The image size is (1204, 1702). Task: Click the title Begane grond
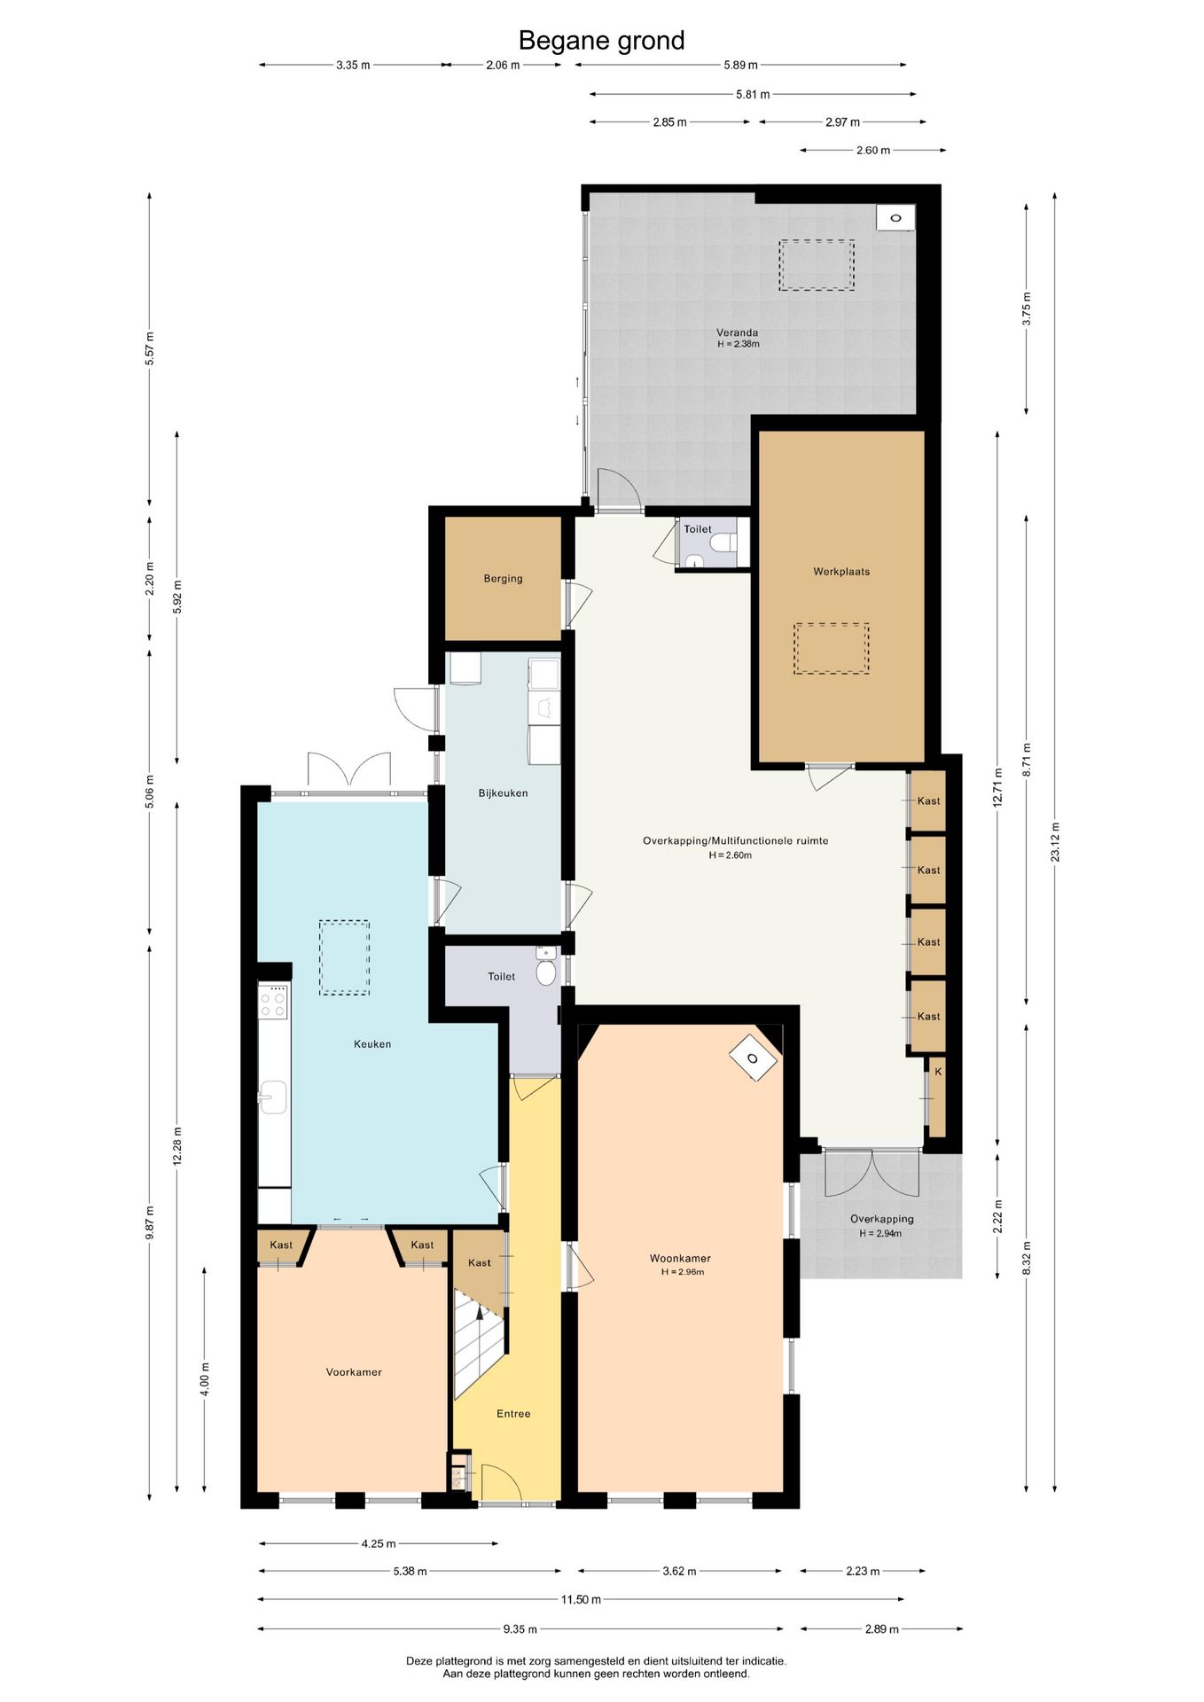[x=601, y=41]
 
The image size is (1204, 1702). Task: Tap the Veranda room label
[x=738, y=333]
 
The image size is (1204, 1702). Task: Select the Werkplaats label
[x=841, y=572]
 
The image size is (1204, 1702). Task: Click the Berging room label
[x=503, y=579]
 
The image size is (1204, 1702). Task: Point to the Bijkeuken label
[x=503, y=793]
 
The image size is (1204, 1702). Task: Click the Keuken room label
[x=372, y=1044]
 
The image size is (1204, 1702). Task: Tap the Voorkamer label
[x=354, y=1372]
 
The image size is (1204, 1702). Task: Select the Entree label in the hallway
[x=513, y=1414]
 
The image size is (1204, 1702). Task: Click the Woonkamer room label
[x=680, y=1259]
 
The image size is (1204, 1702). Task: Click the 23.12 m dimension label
[x=1054, y=842]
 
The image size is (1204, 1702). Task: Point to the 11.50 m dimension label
[x=581, y=1600]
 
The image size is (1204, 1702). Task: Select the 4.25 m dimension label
[x=379, y=1543]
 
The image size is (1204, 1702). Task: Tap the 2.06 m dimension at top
[x=503, y=65]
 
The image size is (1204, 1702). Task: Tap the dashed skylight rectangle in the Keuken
[x=344, y=957]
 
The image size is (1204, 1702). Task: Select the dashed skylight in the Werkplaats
[x=831, y=649]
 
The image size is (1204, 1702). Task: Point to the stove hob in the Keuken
[x=273, y=1002]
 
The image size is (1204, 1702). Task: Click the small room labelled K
[x=937, y=1097]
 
